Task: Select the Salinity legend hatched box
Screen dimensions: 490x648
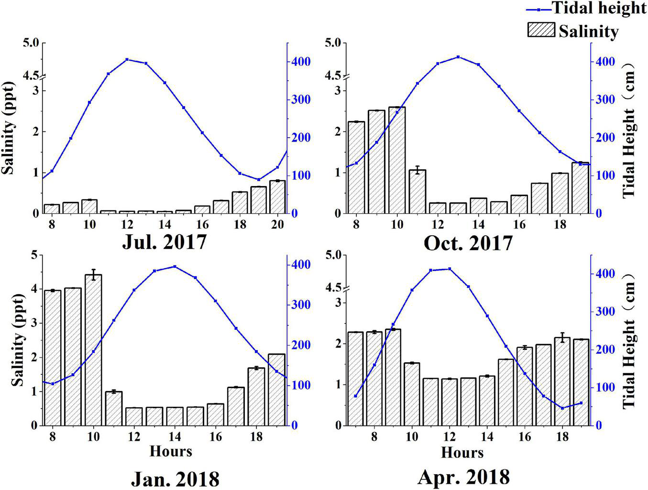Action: coord(541,30)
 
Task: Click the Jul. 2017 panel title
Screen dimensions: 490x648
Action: coord(165,242)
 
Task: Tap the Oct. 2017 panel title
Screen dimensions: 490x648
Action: coord(468,243)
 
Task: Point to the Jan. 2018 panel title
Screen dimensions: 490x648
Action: coord(175,479)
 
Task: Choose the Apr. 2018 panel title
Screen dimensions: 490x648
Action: coord(463,477)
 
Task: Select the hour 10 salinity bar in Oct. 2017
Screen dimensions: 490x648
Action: coord(397,160)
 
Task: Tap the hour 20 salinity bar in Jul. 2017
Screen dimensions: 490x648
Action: coord(277,197)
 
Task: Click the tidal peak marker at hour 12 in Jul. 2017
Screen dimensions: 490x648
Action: coord(127,59)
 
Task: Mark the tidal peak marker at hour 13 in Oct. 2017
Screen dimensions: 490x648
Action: coord(458,57)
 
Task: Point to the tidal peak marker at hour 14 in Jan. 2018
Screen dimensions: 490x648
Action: coord(175,266)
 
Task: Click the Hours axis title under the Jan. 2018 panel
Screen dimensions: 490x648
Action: coord(171,451)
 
